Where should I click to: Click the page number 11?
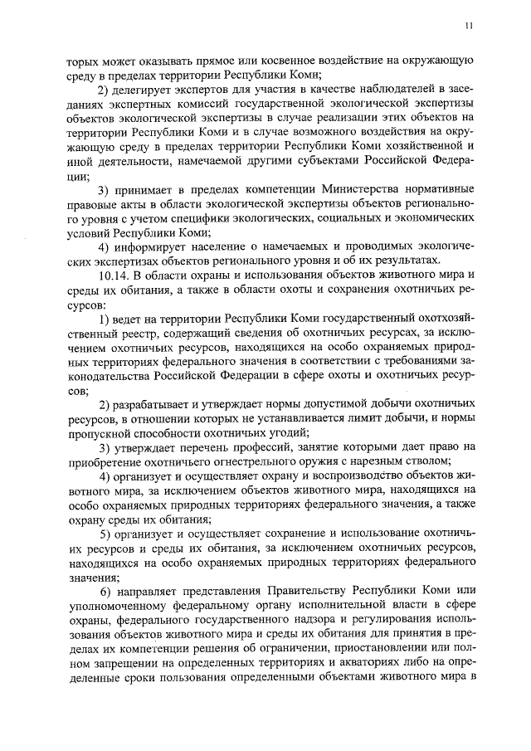click(x=469, y=26)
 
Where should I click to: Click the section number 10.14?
click(x=114, y=275)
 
